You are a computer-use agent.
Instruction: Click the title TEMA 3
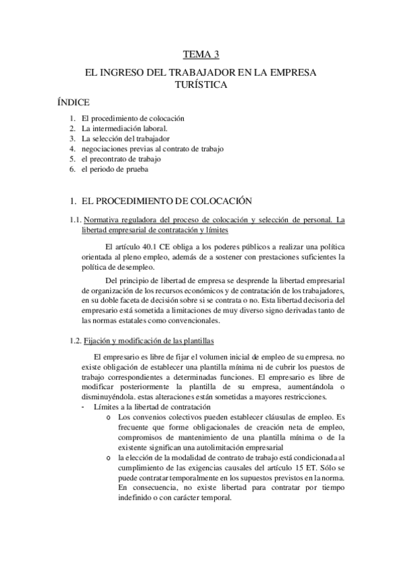pos(201,54)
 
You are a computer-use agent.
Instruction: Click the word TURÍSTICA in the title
pos(201,85)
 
